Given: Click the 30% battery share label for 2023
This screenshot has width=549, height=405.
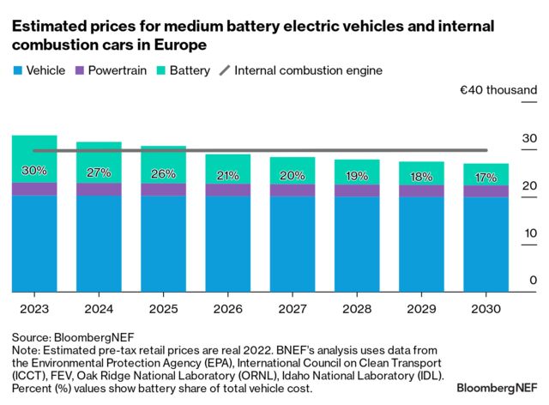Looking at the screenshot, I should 34,171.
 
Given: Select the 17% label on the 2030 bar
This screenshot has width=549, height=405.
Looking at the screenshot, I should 486,178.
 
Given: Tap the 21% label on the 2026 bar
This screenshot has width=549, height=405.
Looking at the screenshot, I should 227,176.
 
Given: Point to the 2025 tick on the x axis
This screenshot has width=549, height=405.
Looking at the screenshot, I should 163,305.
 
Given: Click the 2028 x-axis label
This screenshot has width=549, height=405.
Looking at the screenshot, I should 356,305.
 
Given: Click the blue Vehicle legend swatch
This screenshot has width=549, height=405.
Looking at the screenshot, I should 17,70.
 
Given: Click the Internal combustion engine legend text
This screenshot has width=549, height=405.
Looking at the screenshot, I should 308,70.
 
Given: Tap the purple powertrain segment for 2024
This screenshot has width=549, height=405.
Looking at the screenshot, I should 99,190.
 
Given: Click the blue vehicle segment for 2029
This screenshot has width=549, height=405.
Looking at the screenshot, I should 421,245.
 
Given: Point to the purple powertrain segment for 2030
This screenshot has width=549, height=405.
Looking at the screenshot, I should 486,191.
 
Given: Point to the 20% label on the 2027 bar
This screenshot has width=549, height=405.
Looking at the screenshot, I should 292,176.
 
